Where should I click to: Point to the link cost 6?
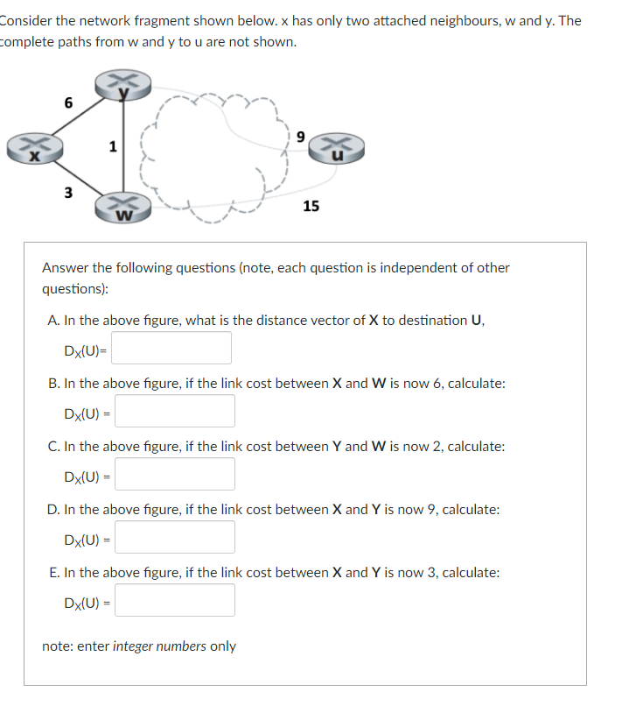(x=68, y=102)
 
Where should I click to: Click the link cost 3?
(x=68, y=192)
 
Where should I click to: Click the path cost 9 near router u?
(x=300, y=136)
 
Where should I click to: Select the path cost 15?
(x=311, y=206)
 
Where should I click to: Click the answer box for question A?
(x=171, y=348)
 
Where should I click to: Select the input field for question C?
(x=175, y=474)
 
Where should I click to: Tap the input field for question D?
(x=175, y=537)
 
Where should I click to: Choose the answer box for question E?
(x=175, y=600)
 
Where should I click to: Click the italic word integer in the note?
(x=136, y=646)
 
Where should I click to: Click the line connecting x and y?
(x=79, y=116)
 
